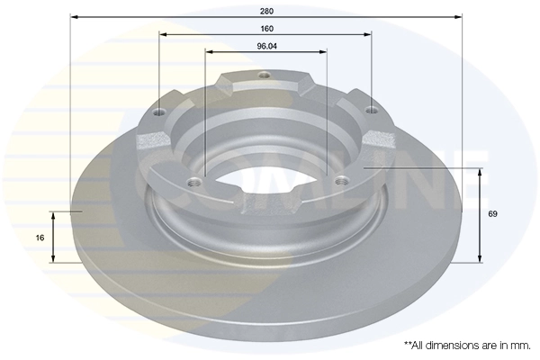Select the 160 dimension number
coord(265,28)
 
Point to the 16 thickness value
coord(40,238)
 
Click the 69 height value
coord(492,214)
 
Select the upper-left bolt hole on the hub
coord(161,112)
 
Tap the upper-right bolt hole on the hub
coord(370,111)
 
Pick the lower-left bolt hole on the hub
coord(190,183)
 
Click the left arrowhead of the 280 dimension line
coord(74,17)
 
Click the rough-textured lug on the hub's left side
coord(153,141)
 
